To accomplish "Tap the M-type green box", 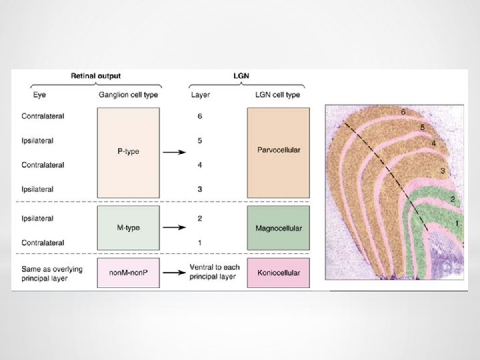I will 128,228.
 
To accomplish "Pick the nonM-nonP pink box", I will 128,273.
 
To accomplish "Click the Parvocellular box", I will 278,151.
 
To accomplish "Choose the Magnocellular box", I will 278,228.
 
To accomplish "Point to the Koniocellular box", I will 278,273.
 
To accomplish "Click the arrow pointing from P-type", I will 175,152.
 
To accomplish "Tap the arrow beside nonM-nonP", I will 175,273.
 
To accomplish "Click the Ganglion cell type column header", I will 127,95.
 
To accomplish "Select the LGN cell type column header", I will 278,95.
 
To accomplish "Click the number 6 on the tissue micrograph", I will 403,112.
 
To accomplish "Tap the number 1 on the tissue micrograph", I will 457,223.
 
